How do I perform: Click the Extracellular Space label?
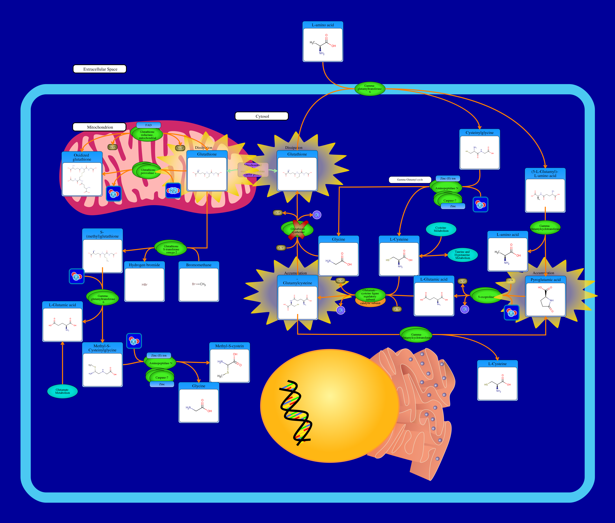click(x=100, y=69)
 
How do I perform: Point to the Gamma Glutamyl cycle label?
click(x=410, y=180)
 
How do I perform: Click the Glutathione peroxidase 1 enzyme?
click(x=147, y=171)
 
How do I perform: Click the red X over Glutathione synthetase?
click(x=298, y=230)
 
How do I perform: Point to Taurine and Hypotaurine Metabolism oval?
click(x=462, y=255)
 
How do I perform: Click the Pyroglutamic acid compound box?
click(x=545, y=296)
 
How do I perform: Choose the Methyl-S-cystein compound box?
click(x=229, y=363)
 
